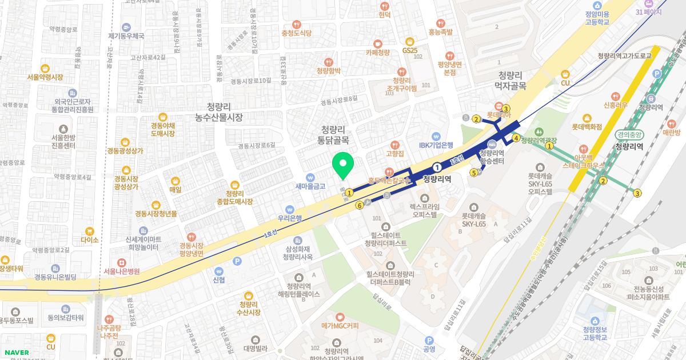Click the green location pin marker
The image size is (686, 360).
pos(343,166)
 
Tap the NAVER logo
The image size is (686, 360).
pos(15,353)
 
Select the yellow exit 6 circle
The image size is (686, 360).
pos(359,206)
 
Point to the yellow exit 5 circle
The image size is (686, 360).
pos(473,173)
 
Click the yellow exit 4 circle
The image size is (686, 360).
pos(516,138)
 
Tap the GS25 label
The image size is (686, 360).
pos(410,51)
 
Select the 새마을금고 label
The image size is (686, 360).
pos(310,186)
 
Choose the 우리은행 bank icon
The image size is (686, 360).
pos(290,209)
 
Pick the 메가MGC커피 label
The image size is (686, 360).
pos(340,326)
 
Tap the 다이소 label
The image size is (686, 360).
pos(90,239)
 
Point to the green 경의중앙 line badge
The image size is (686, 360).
pos(629,135)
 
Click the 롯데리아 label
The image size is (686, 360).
pos(498,114)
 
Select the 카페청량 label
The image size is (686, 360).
pos(377,52)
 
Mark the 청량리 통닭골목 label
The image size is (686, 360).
pos(334,134)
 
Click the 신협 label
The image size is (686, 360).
pos(219,279)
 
